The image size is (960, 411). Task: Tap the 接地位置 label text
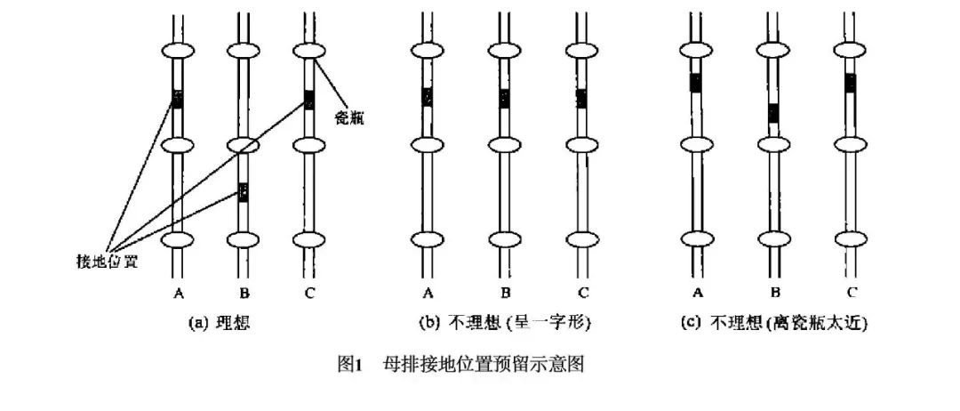coord(109,261)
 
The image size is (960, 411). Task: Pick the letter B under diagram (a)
coord(243,293)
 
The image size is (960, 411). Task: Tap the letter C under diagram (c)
coord(851,293)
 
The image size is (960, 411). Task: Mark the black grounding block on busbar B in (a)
coord(243,191)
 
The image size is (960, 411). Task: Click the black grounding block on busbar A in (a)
coord(177,99)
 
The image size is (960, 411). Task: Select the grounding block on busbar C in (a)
coord(308,99)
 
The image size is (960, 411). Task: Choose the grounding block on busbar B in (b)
coord(504,98)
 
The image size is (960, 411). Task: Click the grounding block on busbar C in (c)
coord(851,84)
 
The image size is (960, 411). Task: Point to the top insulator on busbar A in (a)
coord(177,51)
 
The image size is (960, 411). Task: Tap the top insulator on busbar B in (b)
coord(504,51)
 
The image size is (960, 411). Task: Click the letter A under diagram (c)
coord(696,293)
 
